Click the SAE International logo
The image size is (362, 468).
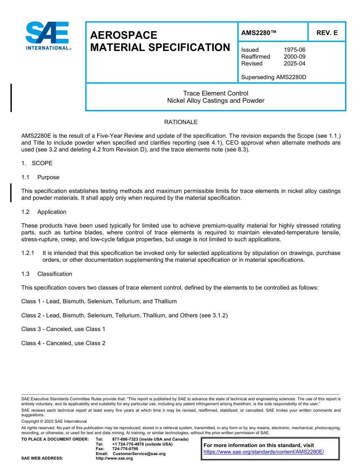click(x=47, y=36)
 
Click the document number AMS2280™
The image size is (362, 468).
click(x=259, y=33)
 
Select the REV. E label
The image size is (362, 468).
click(x=327, y=33)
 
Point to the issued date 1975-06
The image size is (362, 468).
click(x=295, y=50)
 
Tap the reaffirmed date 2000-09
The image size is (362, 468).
click(x=295, y=57)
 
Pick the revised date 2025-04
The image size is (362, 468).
click(x=295, y=64)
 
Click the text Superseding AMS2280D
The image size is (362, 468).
click(x=274, y=77)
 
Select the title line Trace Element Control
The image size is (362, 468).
click(x=216, y=93)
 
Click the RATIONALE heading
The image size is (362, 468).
click(x=181, y=122)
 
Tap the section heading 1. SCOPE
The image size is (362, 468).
click(x=37, y=163)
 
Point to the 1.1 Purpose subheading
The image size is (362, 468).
click(x=40, y=177)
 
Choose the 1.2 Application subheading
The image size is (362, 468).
click(x=44, y=212)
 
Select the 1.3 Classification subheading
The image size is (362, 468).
click(x=47, y=274)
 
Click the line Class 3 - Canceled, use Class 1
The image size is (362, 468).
click(x=63, y=329)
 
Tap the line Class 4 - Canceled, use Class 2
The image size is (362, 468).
click(x=63, y=343)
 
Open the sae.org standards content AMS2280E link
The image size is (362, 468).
click(x=264, y=452)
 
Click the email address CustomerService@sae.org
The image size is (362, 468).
click(x=139, y=454)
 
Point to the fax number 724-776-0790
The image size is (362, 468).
click(x=125, y=449)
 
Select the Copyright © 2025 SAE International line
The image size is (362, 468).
click(x=54, y=421)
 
